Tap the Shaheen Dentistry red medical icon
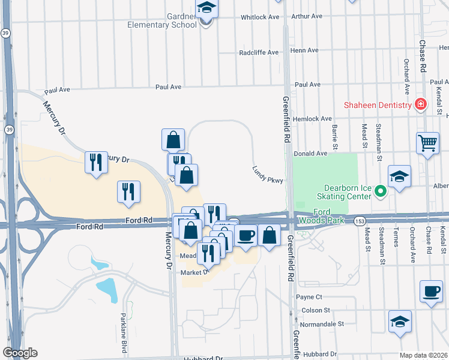click(421, 105)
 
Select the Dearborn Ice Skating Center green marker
click(379, 192)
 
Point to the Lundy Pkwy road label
click(267, 173)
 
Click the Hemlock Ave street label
click(313, 119)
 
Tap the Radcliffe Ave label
click(259, 52)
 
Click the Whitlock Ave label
click(261, 17)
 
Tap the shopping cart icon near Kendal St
click(427, 143)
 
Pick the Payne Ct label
click(309, 296)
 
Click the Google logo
click(20, 352)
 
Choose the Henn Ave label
click(302, 51)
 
